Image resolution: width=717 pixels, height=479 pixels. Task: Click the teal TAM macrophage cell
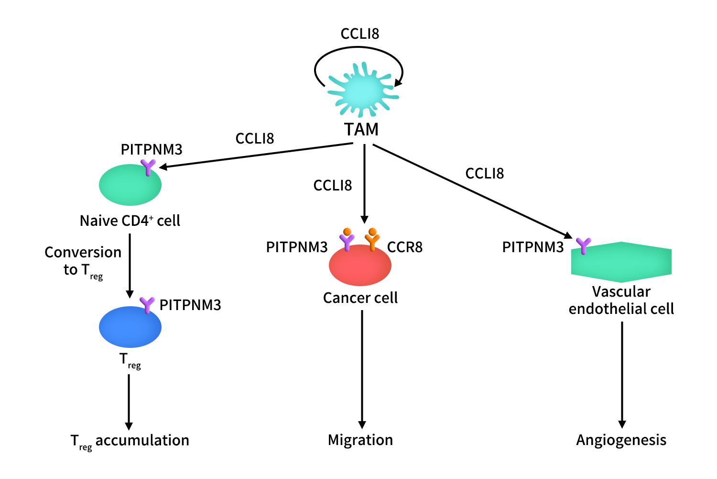tap(363, 90)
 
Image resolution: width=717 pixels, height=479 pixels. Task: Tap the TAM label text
tap(361, 130)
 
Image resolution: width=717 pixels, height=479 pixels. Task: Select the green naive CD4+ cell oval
tap(130, 185)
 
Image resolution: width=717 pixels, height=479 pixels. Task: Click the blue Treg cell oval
tap(130, 327)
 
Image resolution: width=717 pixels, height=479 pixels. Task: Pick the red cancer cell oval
tap(360, 266)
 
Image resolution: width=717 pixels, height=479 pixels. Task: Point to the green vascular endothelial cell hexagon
tap(621, 262)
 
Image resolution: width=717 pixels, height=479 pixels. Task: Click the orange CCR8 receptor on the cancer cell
tap(372, 239)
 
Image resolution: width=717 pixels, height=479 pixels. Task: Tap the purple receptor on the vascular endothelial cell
tap(583, 246)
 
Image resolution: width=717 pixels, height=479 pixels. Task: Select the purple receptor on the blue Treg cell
tap(147, 305)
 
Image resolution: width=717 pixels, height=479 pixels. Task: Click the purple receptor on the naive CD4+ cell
tap(148, 167)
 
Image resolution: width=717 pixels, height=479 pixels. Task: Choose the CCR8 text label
tap(405, 247)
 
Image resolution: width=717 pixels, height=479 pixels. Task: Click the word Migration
tap(360, 440)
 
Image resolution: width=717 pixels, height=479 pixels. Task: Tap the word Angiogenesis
tap(621, 440)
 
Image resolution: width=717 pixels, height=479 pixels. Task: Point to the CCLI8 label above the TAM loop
tap(359, 34)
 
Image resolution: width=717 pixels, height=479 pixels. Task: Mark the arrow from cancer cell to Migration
tap(362, 368)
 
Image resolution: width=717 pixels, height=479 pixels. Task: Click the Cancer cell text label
tap(360, 298)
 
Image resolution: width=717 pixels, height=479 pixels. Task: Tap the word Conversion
tap(83, 253)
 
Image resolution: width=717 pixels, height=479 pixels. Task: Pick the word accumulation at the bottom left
tap(142, 441)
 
